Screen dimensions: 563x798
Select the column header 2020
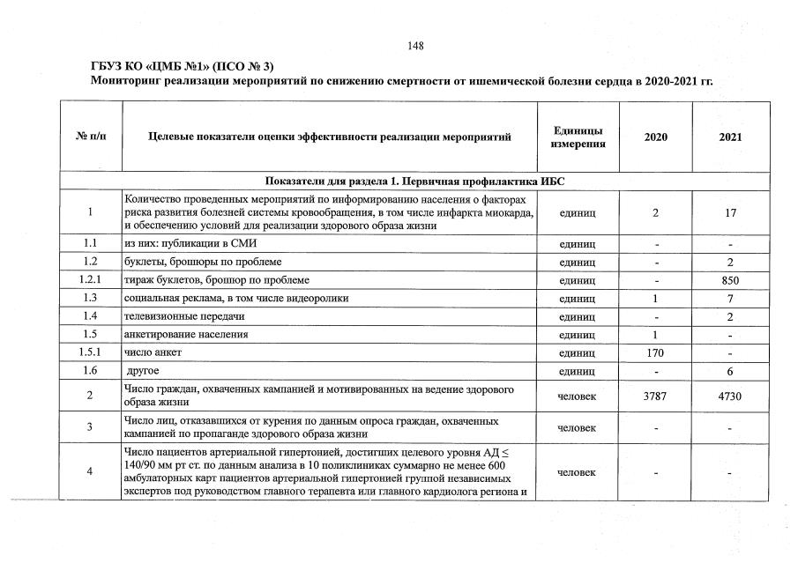655,137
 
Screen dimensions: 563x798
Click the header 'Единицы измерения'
578,137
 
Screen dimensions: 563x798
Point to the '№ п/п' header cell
91,137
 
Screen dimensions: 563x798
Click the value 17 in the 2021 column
730,212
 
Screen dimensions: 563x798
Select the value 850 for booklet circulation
730,280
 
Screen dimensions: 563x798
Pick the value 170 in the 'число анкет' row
655,352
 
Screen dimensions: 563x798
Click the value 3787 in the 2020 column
655,396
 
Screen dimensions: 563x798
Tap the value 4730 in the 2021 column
730,396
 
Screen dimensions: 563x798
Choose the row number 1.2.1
91,280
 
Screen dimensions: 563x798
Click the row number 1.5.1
91,352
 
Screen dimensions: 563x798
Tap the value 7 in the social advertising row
730,299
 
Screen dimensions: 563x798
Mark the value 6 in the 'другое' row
730,371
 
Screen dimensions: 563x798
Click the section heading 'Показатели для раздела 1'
414,181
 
